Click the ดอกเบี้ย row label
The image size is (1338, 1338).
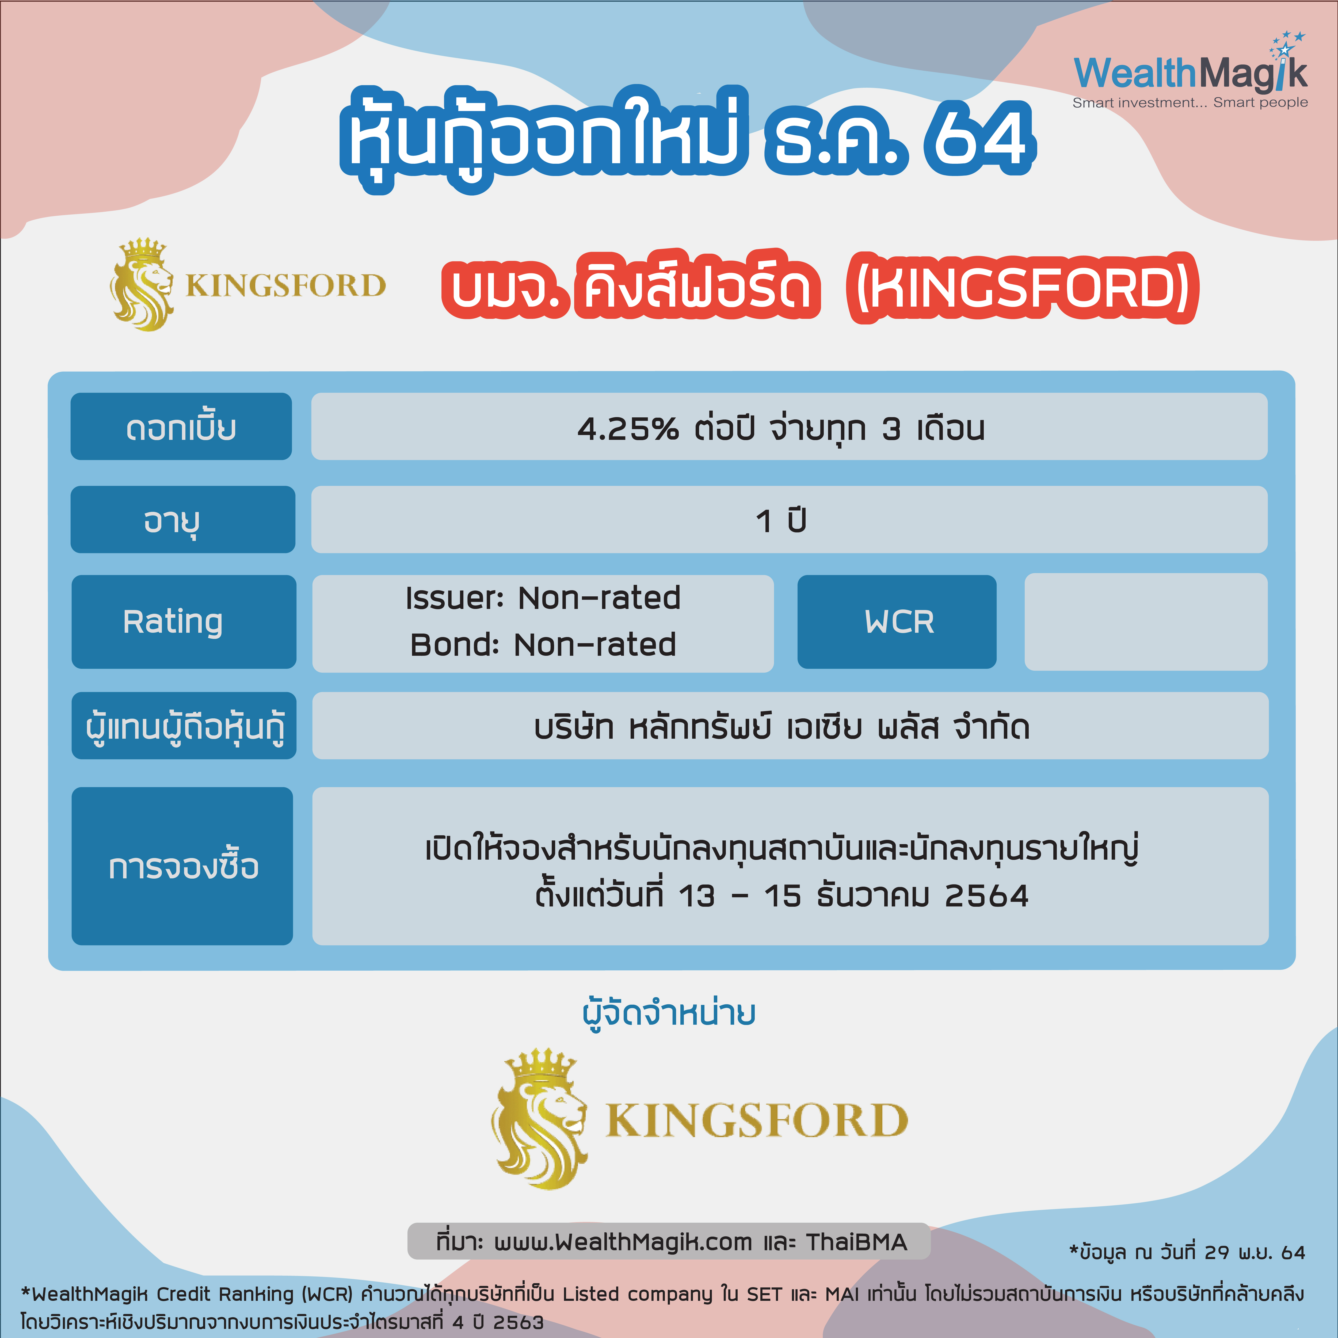pos(181,427)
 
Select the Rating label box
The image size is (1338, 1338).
pos(184,621)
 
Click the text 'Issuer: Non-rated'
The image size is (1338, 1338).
pos(543,598)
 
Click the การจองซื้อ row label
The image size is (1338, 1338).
pos(182,866)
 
